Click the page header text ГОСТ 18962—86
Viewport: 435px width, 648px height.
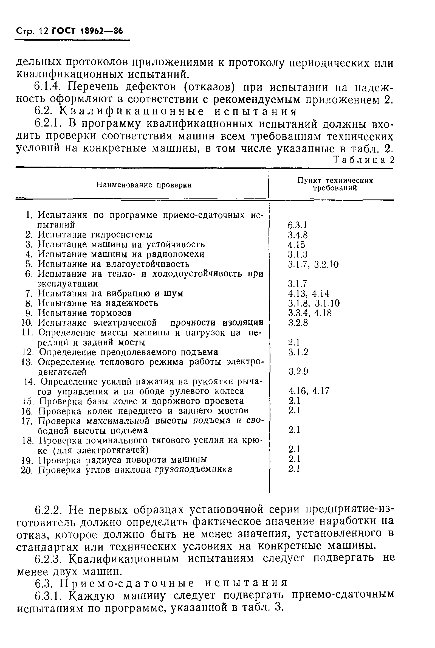point(87,31)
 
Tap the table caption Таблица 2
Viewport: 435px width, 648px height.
point(364,160)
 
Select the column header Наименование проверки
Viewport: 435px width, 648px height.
point(144,185)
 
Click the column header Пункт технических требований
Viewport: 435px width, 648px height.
point(335,184)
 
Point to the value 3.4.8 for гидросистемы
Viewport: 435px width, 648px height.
point(298,235)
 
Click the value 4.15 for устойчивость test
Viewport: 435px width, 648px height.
point(296,245)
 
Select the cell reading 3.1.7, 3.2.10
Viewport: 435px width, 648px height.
point(313,264)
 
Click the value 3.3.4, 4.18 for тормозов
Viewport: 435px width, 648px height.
point(310,313)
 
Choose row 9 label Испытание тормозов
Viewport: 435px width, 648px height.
point(85,313)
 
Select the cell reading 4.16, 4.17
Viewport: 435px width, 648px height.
point(309,391)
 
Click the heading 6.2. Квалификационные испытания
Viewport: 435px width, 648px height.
point(165,111)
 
